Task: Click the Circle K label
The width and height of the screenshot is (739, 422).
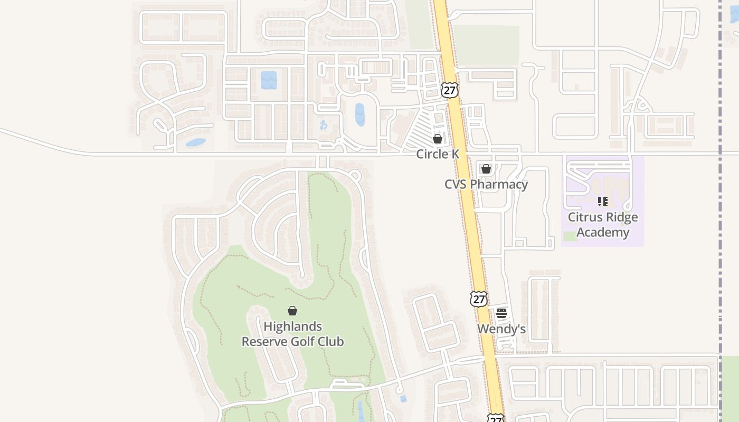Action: (438, 154)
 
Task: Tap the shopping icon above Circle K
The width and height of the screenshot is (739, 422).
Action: (438, 139)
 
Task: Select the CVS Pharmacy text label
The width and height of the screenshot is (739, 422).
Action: (486, 184)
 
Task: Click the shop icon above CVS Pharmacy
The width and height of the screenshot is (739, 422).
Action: (486, 169)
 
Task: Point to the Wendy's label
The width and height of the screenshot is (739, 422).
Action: (501, 329)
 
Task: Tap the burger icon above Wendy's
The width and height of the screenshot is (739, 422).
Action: (501, 313)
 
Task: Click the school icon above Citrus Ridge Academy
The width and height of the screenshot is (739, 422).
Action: (603, 201)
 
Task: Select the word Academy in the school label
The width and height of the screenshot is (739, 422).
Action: (603, 233)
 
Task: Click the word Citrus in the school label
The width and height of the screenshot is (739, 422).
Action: (584, 217)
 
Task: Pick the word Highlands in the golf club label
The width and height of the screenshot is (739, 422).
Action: (292, 327)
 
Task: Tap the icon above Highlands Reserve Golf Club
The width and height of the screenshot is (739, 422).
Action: (292, 311)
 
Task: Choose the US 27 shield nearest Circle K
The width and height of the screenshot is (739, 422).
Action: (449, 90)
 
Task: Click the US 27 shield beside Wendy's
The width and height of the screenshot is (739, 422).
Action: (479, 299)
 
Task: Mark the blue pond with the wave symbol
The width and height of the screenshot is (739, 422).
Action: (269, 80)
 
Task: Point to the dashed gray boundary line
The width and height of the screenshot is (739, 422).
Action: (720, 211)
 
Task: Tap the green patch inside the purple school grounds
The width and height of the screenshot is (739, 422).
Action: (570, 236)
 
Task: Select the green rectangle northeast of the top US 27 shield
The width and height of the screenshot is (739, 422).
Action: (486, 45)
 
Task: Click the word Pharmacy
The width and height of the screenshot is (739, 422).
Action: (499, 184)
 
